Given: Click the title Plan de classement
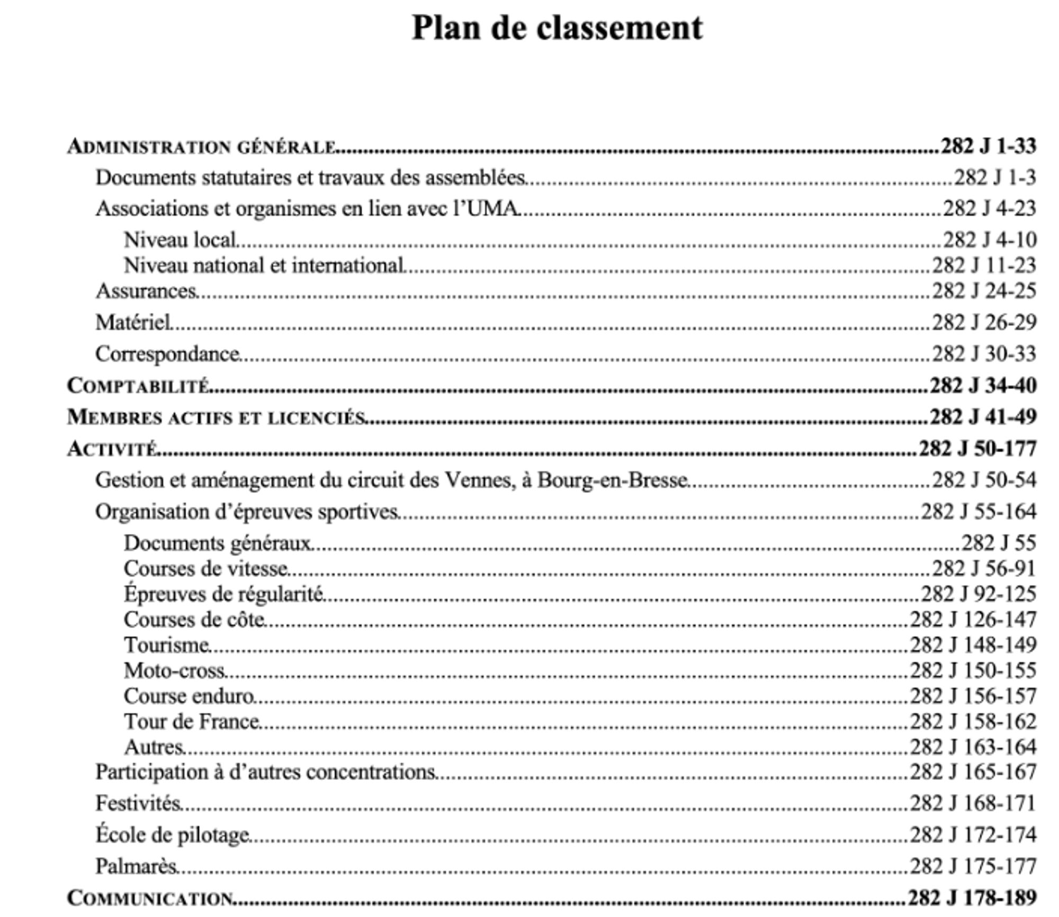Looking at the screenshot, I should click(557, 28).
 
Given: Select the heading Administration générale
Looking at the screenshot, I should click(201, 147).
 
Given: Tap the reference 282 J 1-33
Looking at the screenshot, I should click(988, 146).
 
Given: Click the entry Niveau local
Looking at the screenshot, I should click(180, 240).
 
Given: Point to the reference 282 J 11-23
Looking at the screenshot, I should click(984, 265).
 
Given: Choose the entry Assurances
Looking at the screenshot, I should click(146, 291).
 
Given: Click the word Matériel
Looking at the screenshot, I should click(133, 322).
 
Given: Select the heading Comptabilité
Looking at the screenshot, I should click(138, 386).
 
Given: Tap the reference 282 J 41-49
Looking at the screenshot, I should click(983, 417).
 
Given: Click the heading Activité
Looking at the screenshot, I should click(112, 449).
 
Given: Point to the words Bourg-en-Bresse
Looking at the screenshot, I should click(612, 480).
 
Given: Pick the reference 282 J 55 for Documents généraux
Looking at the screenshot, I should click(998, 543).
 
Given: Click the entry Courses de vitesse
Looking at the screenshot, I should click(206, 569).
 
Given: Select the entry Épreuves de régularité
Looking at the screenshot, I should click(223, 594).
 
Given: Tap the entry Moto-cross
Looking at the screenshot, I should click(175, 671).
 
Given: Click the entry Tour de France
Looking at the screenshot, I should click(192, 722).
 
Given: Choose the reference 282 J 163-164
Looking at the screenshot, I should click(973, 747).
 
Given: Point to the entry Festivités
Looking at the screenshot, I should click(139, 804).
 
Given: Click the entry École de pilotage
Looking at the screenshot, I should click(173, 835).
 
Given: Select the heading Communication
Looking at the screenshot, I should click(150, 898).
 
